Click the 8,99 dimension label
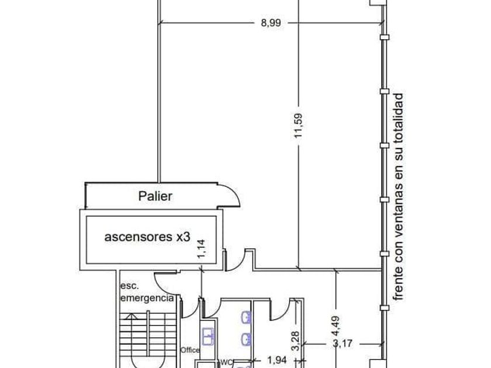tap(271, 23)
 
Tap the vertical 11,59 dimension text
tap(299, 124)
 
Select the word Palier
tap(155, 196)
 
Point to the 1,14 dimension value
tap(202, 249)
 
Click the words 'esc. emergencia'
tap(146, 292)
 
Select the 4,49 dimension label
tap(337, 326)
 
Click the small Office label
tap(190, 350)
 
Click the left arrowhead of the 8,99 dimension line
tap(161, 23)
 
